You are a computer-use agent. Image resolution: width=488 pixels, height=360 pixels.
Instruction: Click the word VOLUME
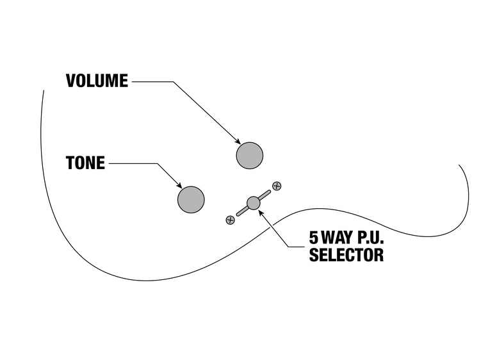point(97,81)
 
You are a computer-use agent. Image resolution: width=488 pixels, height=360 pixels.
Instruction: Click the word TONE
point(85,163)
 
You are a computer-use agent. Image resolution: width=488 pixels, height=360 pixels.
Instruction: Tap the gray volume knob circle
point(249,155)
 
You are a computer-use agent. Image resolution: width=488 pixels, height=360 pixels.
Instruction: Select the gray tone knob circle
point(191,199)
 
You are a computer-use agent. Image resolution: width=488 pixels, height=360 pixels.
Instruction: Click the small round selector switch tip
point(254,202)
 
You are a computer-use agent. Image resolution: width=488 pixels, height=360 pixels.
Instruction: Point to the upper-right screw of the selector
point(277,186)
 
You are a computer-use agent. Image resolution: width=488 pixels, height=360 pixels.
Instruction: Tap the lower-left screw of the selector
point(231,220)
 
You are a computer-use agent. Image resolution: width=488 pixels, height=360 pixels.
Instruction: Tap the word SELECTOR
point(346,255)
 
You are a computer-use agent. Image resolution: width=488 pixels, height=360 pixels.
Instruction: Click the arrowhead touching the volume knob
point(238,142)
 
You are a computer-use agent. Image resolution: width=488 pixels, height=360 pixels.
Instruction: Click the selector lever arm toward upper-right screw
point(265,194)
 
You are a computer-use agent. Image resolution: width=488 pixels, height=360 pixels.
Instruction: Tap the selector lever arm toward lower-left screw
point(242,211)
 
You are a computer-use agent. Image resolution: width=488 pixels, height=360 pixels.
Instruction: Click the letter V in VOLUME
point(71,81)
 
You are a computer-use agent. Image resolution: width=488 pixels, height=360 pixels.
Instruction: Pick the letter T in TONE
point(70,163)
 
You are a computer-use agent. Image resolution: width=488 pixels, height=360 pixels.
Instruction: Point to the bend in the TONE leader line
point(156,163)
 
